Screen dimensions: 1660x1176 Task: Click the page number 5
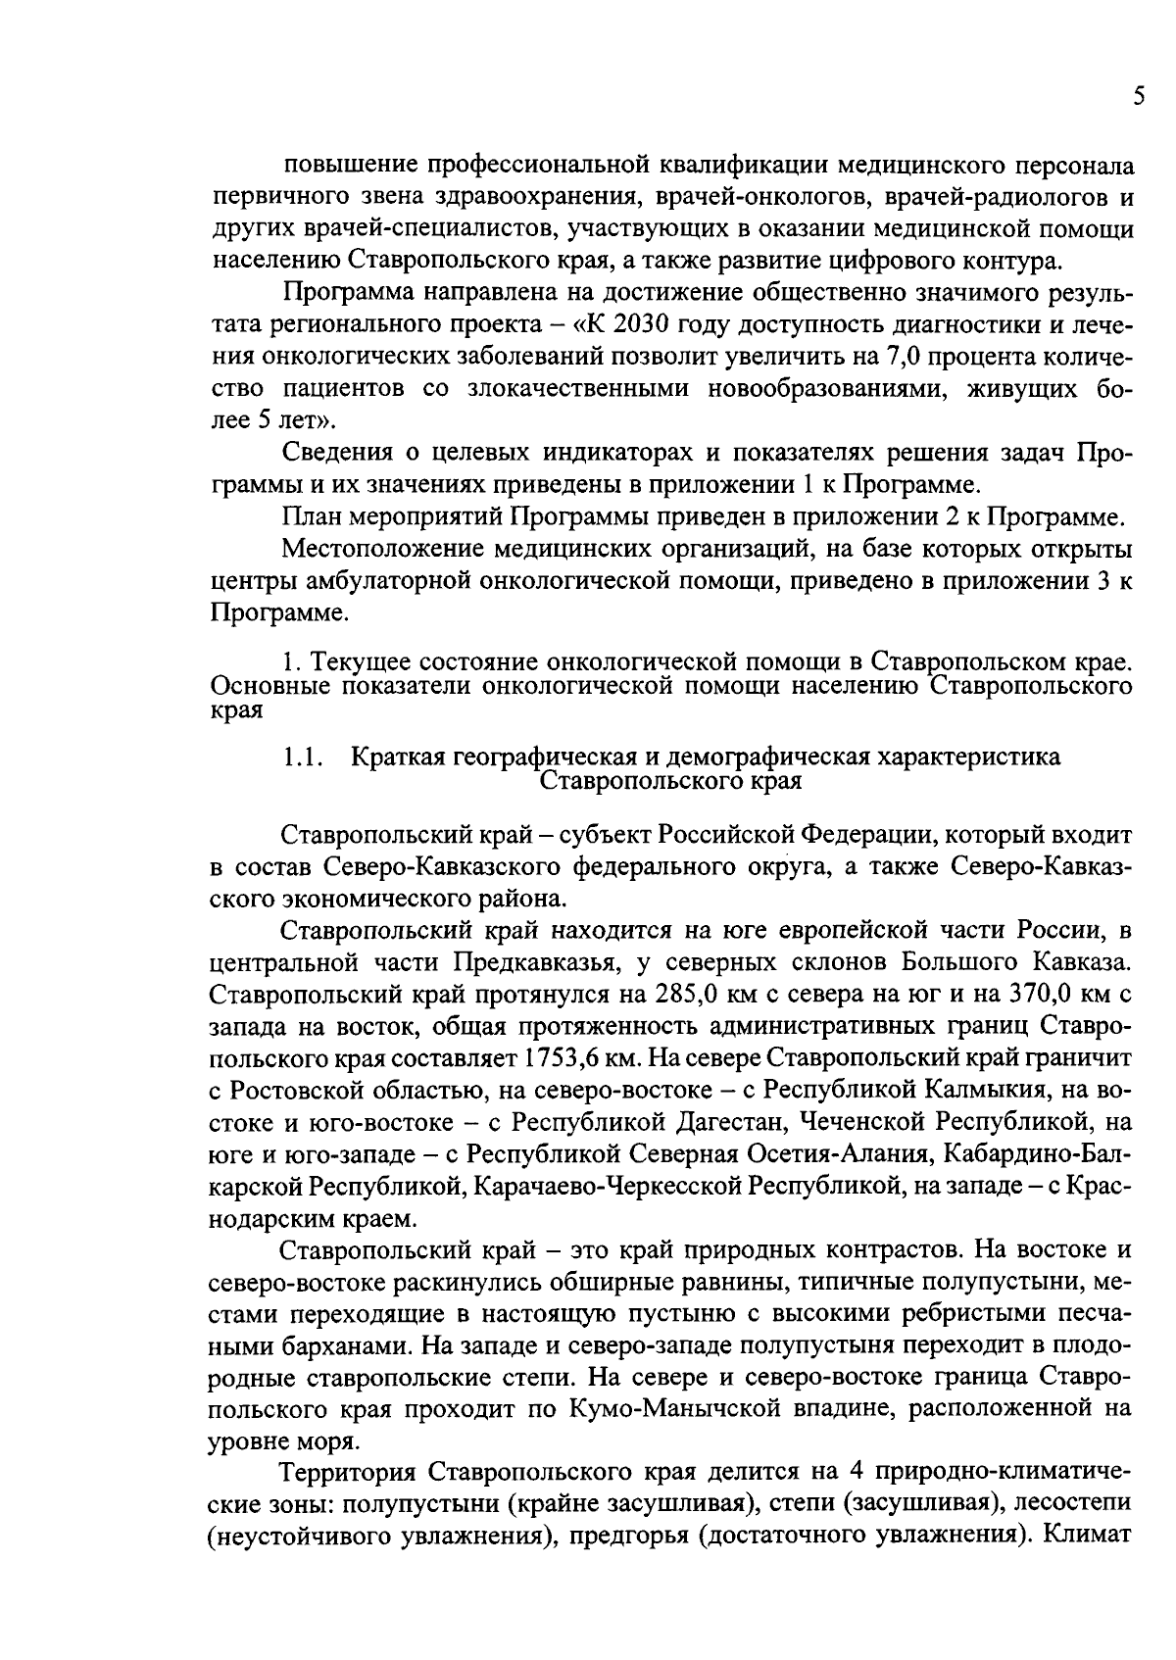(1138, 96)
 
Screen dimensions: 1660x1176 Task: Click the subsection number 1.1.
(303, 757)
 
